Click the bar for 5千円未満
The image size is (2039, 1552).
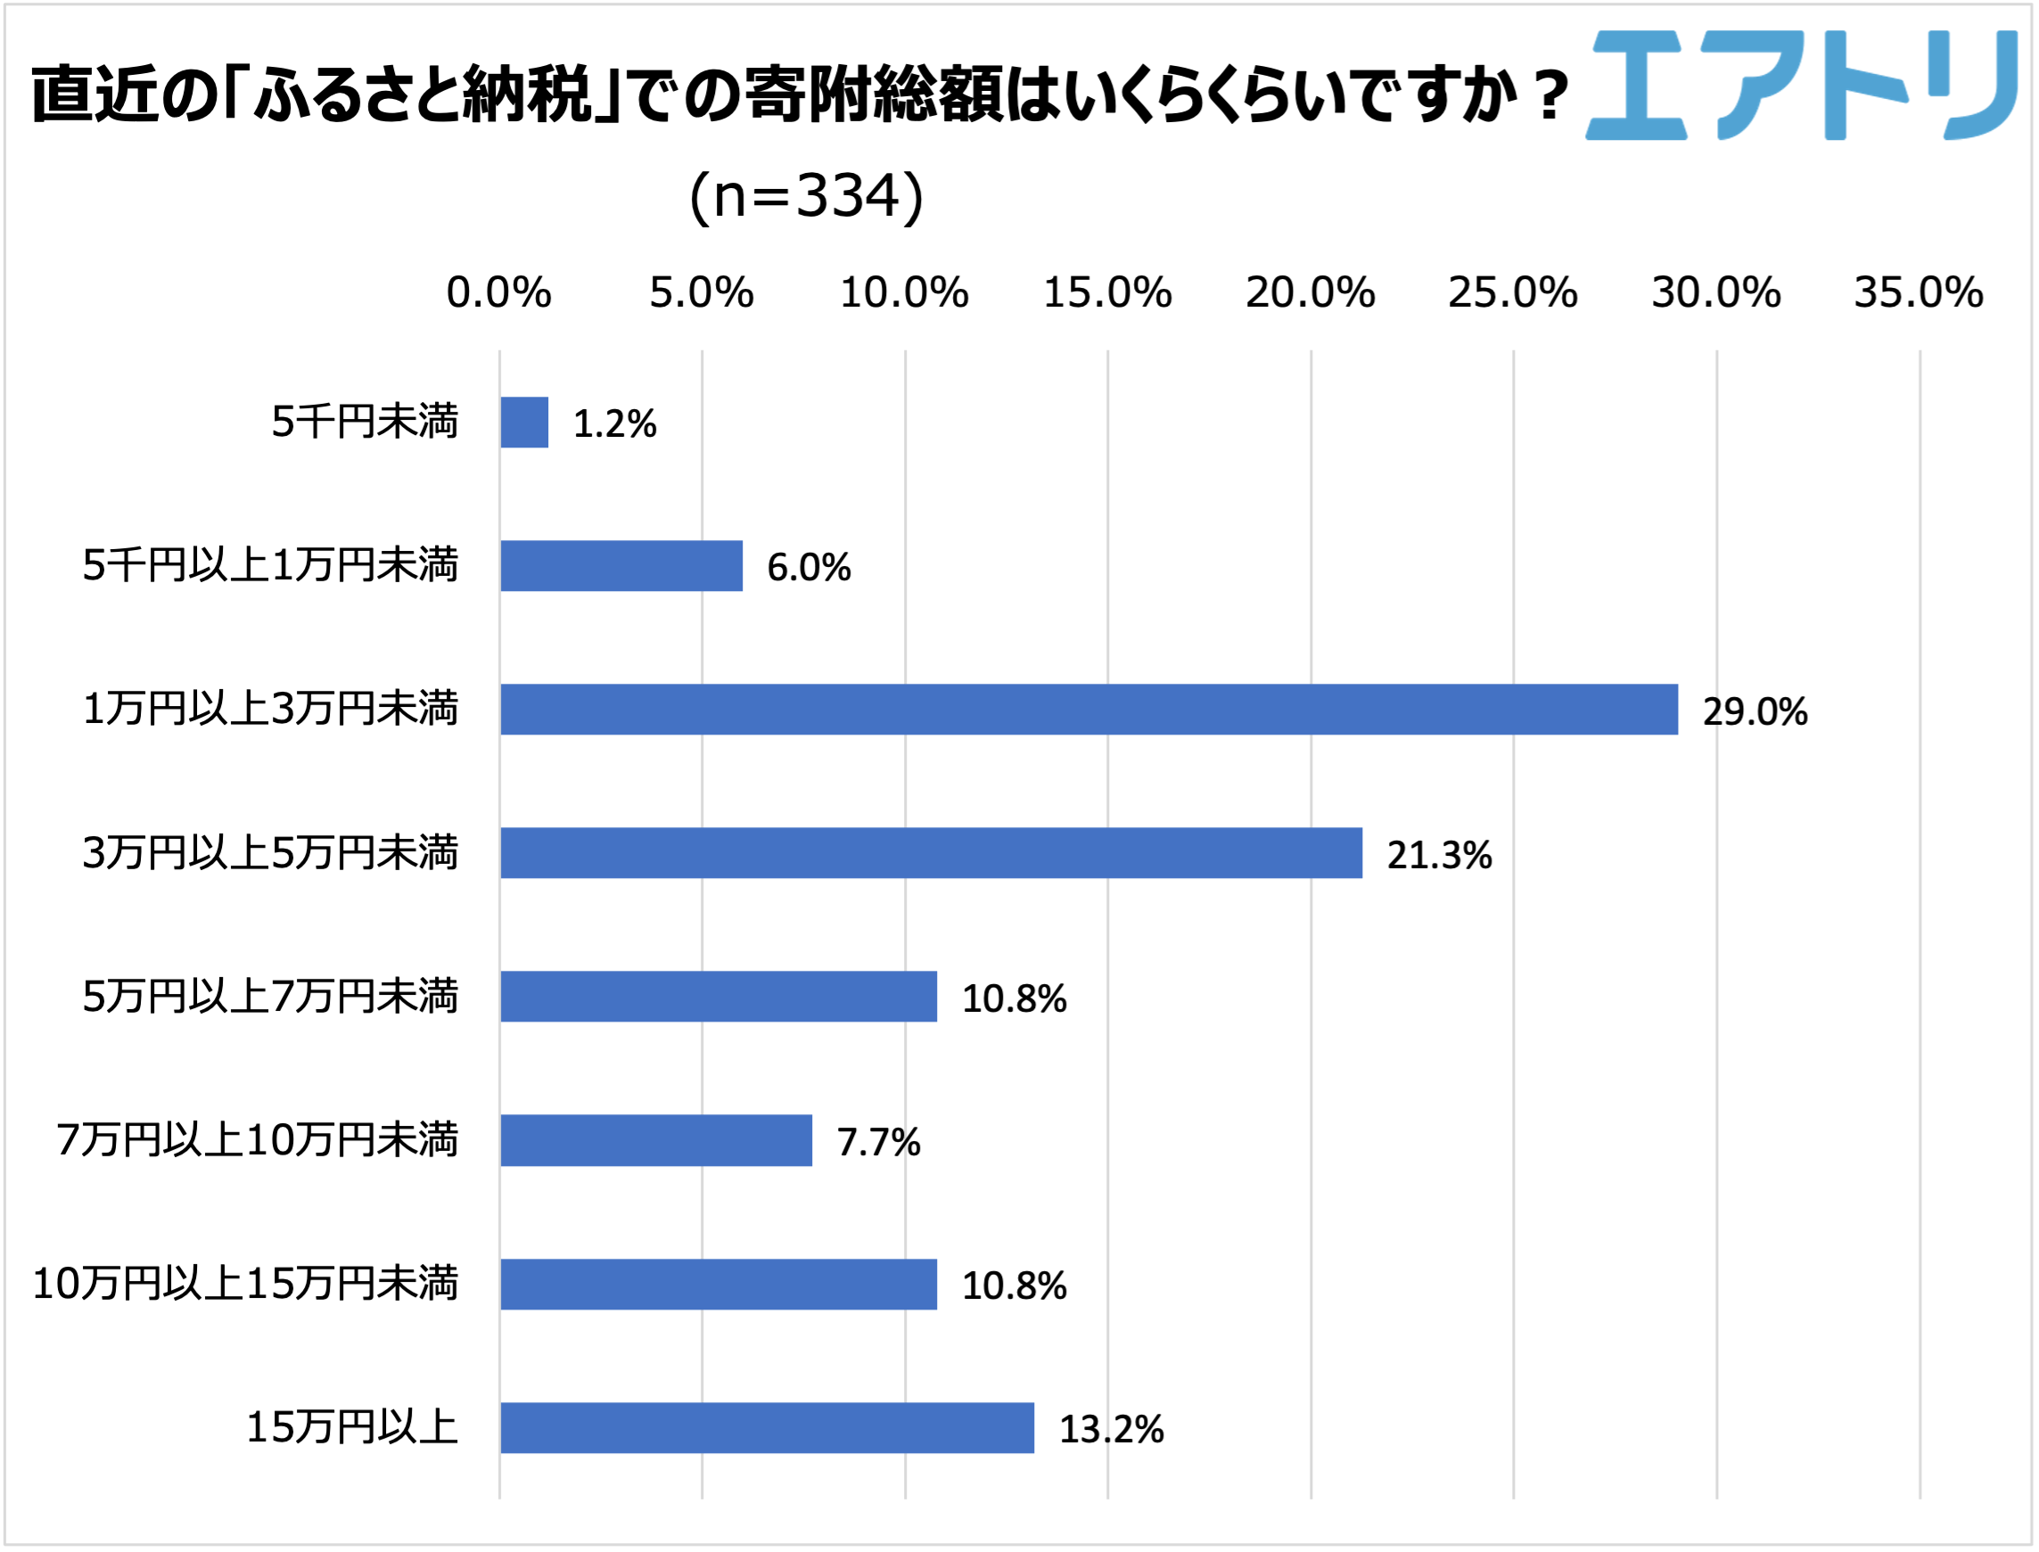(524, 423)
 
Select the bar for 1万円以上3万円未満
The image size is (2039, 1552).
(1089, 710)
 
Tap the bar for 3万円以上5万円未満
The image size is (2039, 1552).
(931, 853)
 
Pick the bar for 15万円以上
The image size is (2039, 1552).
(767, 1427)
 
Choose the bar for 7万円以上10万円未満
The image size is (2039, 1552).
(656, 1140)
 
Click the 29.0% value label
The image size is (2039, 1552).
(1755, 711)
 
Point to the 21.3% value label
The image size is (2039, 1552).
(1438, 855)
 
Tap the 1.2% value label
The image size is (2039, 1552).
(614, 424)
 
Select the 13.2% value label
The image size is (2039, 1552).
(1111, 1429)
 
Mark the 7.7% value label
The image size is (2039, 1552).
(878, 1142)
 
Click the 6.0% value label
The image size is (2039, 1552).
(809, 567)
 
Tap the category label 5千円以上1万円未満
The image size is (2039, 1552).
(270, 565)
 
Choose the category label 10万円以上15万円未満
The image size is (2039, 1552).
(245, 1283)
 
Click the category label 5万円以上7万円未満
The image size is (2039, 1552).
(270, 997)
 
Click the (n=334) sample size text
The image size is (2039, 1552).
(806, 196)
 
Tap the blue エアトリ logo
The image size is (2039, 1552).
(1802, 85)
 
